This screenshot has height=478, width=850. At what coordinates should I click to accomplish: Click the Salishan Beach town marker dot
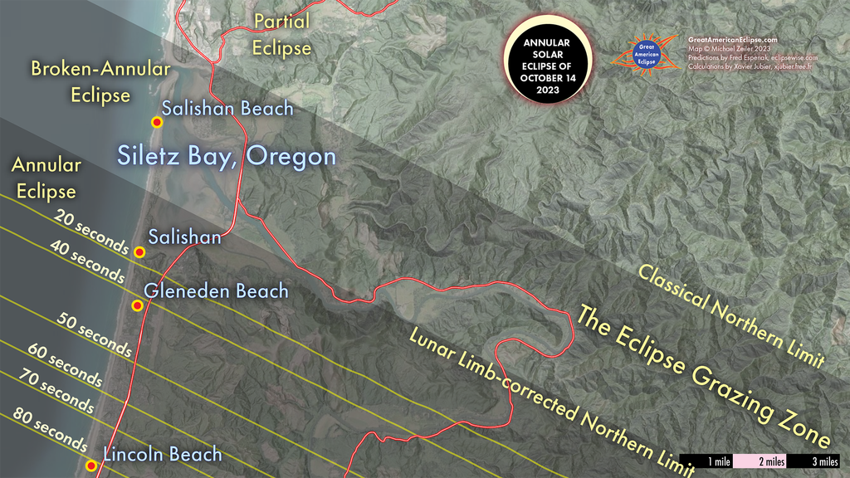click(x=156, y=122)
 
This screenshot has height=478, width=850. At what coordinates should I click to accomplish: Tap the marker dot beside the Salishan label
click(x=139, y=251)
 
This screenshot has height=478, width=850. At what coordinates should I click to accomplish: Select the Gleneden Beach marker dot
click(x=137, y=306)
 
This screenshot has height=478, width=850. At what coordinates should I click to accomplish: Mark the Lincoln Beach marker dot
click(x=91, y=466)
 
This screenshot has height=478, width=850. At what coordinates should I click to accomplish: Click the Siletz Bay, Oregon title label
click(x=227, y=156)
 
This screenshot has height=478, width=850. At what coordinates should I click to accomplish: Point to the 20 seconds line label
click(x=92, y=232)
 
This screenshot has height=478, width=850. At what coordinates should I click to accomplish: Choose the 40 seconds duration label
click(x=87, y=264)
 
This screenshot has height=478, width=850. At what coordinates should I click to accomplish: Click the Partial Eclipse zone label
click(x=282, y=35)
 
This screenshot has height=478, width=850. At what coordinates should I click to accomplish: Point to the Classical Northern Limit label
click(x=730, y=315)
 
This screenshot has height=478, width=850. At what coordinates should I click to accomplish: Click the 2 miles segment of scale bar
click(x=760, y=461)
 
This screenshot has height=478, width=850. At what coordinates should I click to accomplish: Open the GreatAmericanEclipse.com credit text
click(x=732, y=39)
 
